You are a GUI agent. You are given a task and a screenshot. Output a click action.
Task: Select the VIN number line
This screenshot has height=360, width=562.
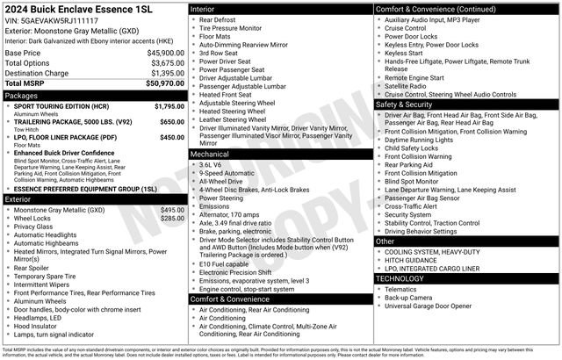tap(52, 19)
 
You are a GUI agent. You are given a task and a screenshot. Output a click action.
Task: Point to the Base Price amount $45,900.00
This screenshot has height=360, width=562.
tap(165, 53)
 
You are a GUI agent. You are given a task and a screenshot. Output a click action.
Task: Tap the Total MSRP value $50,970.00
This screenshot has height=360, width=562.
tap(163, 83)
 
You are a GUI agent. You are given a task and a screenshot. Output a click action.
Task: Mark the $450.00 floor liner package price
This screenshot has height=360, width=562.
tap(172, 137)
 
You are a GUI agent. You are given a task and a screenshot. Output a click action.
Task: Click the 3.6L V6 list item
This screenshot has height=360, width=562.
tap(211, 164)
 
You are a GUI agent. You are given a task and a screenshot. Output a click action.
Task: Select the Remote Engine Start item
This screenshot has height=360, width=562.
tap(414, 77)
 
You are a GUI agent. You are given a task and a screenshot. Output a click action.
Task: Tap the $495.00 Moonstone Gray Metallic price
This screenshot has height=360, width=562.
tap(172, 210)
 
